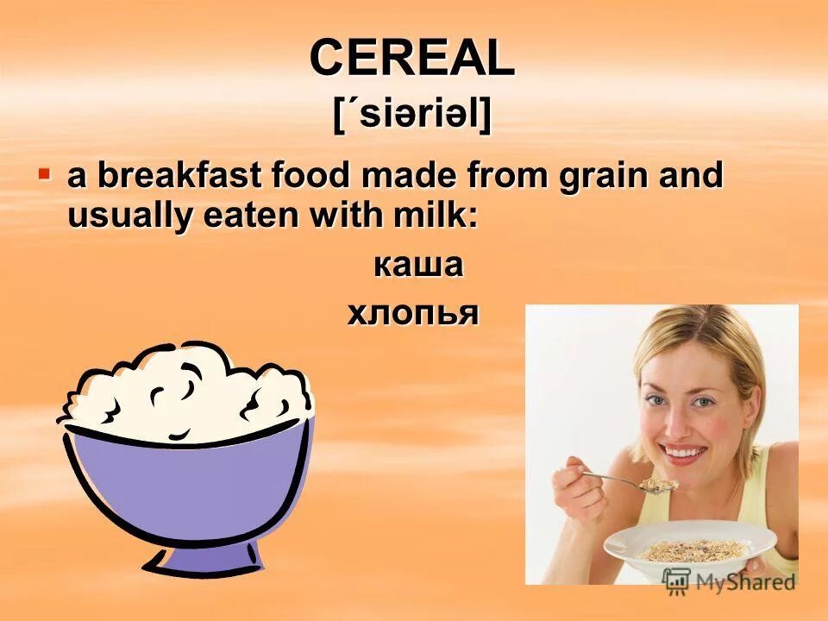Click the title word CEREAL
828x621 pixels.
412,59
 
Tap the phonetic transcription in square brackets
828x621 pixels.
412,114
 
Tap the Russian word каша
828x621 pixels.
418,265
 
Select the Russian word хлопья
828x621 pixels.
413,313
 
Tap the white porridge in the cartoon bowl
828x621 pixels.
185,388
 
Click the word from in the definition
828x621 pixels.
495,176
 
